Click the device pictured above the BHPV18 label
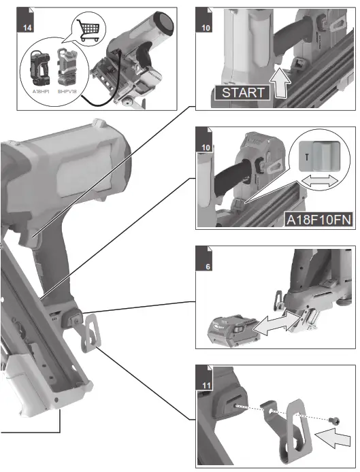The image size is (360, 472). (67, 65)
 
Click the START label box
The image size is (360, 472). (242, 92)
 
